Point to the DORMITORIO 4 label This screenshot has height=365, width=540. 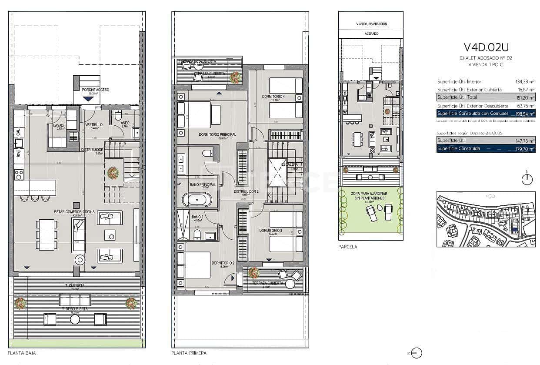[273, 96]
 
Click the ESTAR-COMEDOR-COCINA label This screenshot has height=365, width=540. [71, 212]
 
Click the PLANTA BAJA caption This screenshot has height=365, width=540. [22, 353]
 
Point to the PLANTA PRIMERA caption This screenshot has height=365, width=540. [189, 353]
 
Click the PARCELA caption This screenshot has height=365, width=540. [347, 247]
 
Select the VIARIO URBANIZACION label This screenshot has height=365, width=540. [371, 24]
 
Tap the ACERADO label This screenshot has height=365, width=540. [371, 33]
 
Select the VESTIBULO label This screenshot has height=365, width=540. [93, 124]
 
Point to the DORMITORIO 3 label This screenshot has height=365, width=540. [271, 230]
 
